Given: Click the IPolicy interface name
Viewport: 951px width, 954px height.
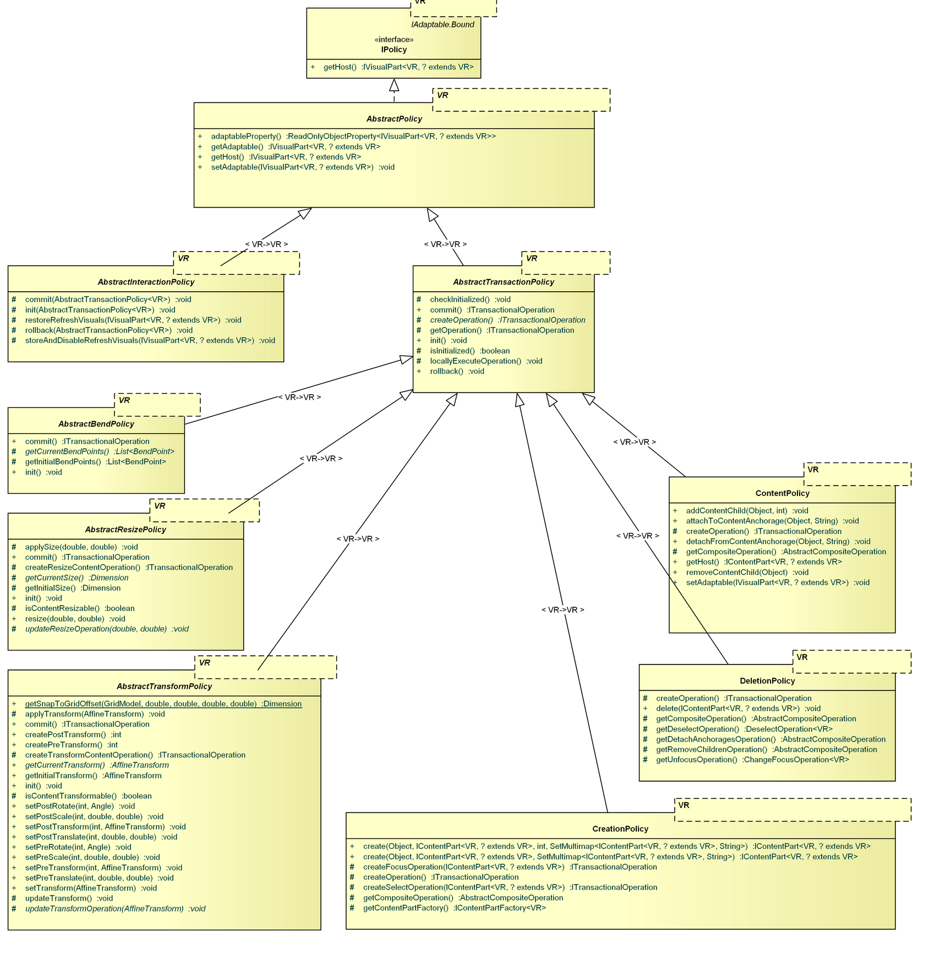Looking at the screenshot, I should pyautogui.click(x=393, y=50).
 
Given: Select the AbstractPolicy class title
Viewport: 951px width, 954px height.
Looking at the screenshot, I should pyautogui.click(x=394, y=119).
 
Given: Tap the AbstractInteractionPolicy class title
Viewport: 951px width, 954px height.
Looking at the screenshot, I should pyautogui.click(x=146, y=282).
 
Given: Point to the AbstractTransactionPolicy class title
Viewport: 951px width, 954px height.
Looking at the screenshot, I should pyautogui.click(x=504, y=282).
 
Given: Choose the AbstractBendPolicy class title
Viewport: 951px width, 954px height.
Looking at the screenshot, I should pyautogui.click(x=96, y=424).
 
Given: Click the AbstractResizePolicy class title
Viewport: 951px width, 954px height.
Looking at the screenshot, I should pyautogui.click(x=125, y=530).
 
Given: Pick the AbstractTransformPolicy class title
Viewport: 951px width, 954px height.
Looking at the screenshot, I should pyautogui.click(x=164, y=686).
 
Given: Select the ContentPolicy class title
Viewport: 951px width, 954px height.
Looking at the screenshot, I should pyautogui.click(x=782, y=493).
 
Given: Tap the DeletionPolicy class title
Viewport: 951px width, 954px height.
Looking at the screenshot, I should pyautogui.click(x=767, y=681).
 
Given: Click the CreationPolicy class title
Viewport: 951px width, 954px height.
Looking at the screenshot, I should pyautogui.click(x=620, y=829).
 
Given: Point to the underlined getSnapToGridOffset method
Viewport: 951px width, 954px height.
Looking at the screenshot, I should pyautogui.click(x=163, y=704).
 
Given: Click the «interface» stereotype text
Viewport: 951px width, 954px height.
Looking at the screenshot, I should pyautogui.click(x=393, y=40).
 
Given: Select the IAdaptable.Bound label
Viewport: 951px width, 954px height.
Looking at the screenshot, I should pyautogui.click(x=442, y=25).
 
